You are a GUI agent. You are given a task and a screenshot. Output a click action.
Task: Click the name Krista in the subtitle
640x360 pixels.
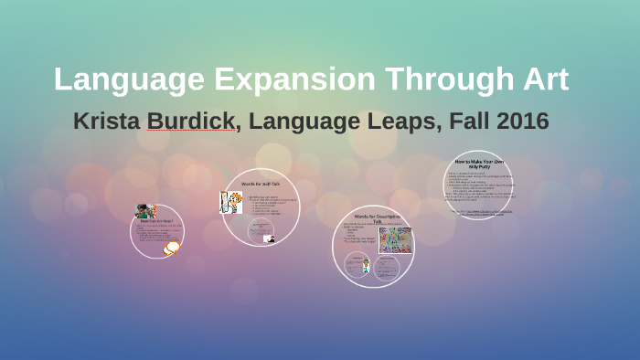(x=106, y=122)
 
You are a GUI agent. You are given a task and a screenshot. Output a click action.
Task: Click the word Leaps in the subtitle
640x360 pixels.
(x=389, y=122)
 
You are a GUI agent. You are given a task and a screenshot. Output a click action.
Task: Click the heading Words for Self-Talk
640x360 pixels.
(x=261, y=185)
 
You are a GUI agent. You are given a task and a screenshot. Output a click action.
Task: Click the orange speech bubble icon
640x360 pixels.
(x=171, y=247)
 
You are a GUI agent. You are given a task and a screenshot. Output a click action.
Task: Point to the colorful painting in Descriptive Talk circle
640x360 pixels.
(x=395, y=240)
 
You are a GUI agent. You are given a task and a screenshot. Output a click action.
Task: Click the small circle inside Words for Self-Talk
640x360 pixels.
(x=269, y=238)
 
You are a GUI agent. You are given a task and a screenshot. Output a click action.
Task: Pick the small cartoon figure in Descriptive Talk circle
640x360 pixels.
(x=367, y=266)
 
